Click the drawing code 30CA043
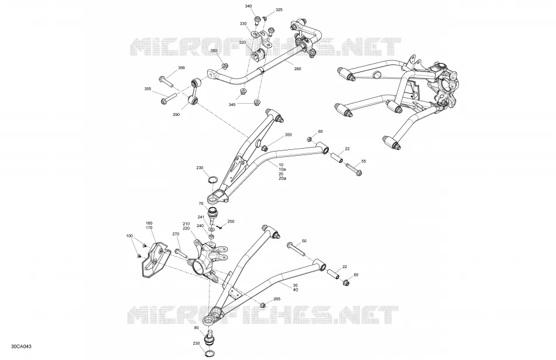pos(21,346)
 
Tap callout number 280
pos(297,69)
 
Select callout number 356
pos(181,68)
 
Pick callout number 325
pos(279,10)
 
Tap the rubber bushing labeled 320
pos(258,56)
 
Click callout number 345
pos(232,105)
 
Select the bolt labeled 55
pos(353,170)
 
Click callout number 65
pos(321,132)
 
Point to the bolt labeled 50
pos(297,249)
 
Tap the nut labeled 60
pos(346,282)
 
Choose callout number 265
pos(277,299)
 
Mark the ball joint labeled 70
pos(214,213)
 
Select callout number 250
pos(231,222)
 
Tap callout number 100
pos(129,236)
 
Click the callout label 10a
pos(283,169)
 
